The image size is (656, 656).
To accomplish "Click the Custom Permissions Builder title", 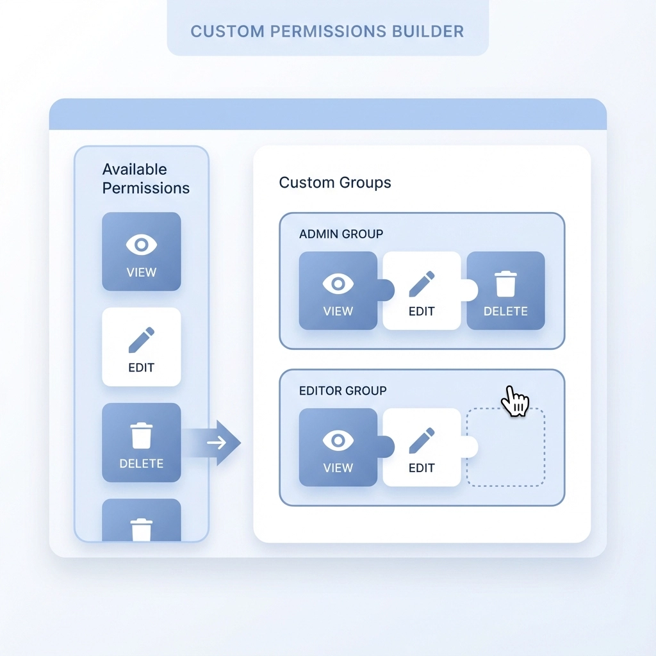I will [327, 31].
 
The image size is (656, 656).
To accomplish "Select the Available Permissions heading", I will [146, 179].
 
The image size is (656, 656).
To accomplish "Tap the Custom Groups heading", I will [335, 183].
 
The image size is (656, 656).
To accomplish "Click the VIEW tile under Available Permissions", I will [142, 252].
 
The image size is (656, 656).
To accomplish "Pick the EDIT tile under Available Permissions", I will [142, 347].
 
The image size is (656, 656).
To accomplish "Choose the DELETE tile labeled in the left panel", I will [142, 442].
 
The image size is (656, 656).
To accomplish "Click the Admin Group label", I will [341, 234].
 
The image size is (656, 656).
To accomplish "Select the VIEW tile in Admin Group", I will [338, 291].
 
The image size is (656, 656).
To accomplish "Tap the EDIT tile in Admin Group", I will [422, 291].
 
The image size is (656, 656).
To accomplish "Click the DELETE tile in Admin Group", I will [505, 291].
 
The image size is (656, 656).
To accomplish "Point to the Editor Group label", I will [343, 390].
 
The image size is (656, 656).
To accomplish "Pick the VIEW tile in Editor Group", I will [338, 447].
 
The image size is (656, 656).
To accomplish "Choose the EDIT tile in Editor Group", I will [422, 447].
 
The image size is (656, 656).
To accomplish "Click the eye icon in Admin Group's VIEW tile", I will [338, 283].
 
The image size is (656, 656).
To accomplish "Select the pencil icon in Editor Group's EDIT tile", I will [422, 439].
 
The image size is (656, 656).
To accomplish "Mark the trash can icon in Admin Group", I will [505, 283].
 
